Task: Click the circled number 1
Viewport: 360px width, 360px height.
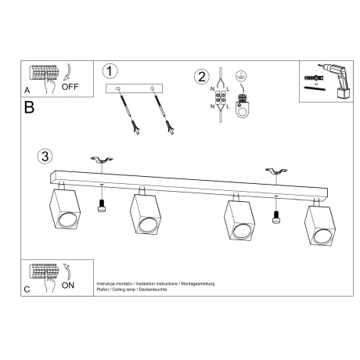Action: click(x=111, y=70)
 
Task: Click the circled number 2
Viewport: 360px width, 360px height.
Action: click(x=203, y=77)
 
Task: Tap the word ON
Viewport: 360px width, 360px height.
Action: click(x=81, y=287)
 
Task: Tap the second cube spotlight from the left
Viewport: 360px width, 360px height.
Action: click(x=146, y=217)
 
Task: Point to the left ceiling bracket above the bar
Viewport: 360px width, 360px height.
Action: click(x=101, y=161)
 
